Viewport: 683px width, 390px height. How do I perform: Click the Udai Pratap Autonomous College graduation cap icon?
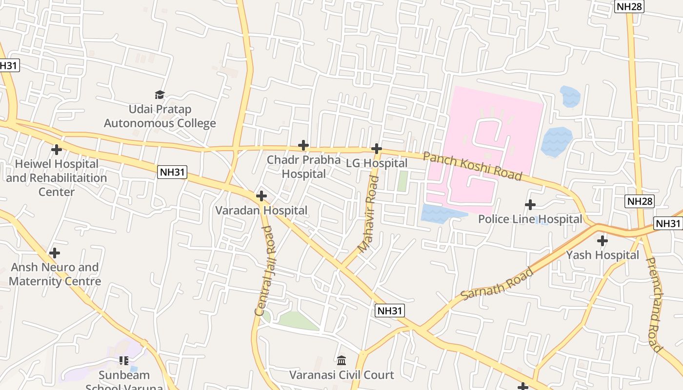(x=160, y=95)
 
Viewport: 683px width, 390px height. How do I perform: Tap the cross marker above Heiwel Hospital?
(x=57, y=149)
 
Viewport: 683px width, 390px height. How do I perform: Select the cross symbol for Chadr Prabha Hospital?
(x=303, y=145)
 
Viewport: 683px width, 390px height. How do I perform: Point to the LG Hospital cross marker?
(x=376, y=148)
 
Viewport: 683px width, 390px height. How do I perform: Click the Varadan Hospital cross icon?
(x=261, y=196)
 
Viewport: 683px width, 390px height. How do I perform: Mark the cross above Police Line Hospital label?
(x=530, y=205)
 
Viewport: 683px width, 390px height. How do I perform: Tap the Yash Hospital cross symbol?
(x=603, y=240)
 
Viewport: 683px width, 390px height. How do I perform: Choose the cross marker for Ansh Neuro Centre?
(x=55, y=253)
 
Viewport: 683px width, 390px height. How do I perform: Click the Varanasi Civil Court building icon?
(x=341, y=361)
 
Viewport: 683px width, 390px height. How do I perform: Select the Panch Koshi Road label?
(x=472, y=166)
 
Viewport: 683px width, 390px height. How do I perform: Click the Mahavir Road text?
(x=368, y=214)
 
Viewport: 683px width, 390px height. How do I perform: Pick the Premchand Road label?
(x=654, y=305)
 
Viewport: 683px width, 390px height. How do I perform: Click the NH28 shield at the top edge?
(x=629, y=6)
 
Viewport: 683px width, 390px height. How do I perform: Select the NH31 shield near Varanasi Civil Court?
(x=390, y=311)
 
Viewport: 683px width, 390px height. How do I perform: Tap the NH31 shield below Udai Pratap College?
(x=172, y=172)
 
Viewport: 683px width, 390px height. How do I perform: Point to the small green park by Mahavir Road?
(x=402, y=181)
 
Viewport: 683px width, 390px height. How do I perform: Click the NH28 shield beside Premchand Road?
(x=640, y=201)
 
